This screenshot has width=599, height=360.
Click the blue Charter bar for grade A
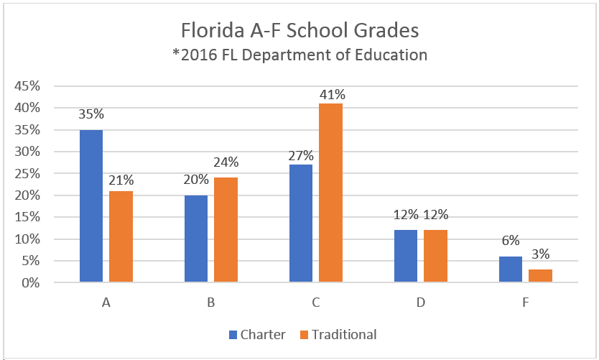tap(91, 206)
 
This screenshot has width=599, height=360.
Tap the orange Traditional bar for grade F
tap(541, 276)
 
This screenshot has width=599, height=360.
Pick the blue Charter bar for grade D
tap(406, 257)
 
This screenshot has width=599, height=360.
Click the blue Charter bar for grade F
tap(511, 269)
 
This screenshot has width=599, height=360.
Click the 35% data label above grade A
tap(91, 114)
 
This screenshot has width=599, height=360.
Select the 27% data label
tap(300, 155)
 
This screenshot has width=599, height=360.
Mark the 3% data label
tap(541, 255)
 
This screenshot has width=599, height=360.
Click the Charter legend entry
tap(256, 334)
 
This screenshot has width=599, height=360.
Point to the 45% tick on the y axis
tap(26, 86)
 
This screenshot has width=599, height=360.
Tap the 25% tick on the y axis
tap(26, 174)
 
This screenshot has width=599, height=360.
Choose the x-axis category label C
tap(315, 303)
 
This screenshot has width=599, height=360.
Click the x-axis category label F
tap(526, 303)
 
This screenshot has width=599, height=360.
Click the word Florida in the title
tap(213, 32)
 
